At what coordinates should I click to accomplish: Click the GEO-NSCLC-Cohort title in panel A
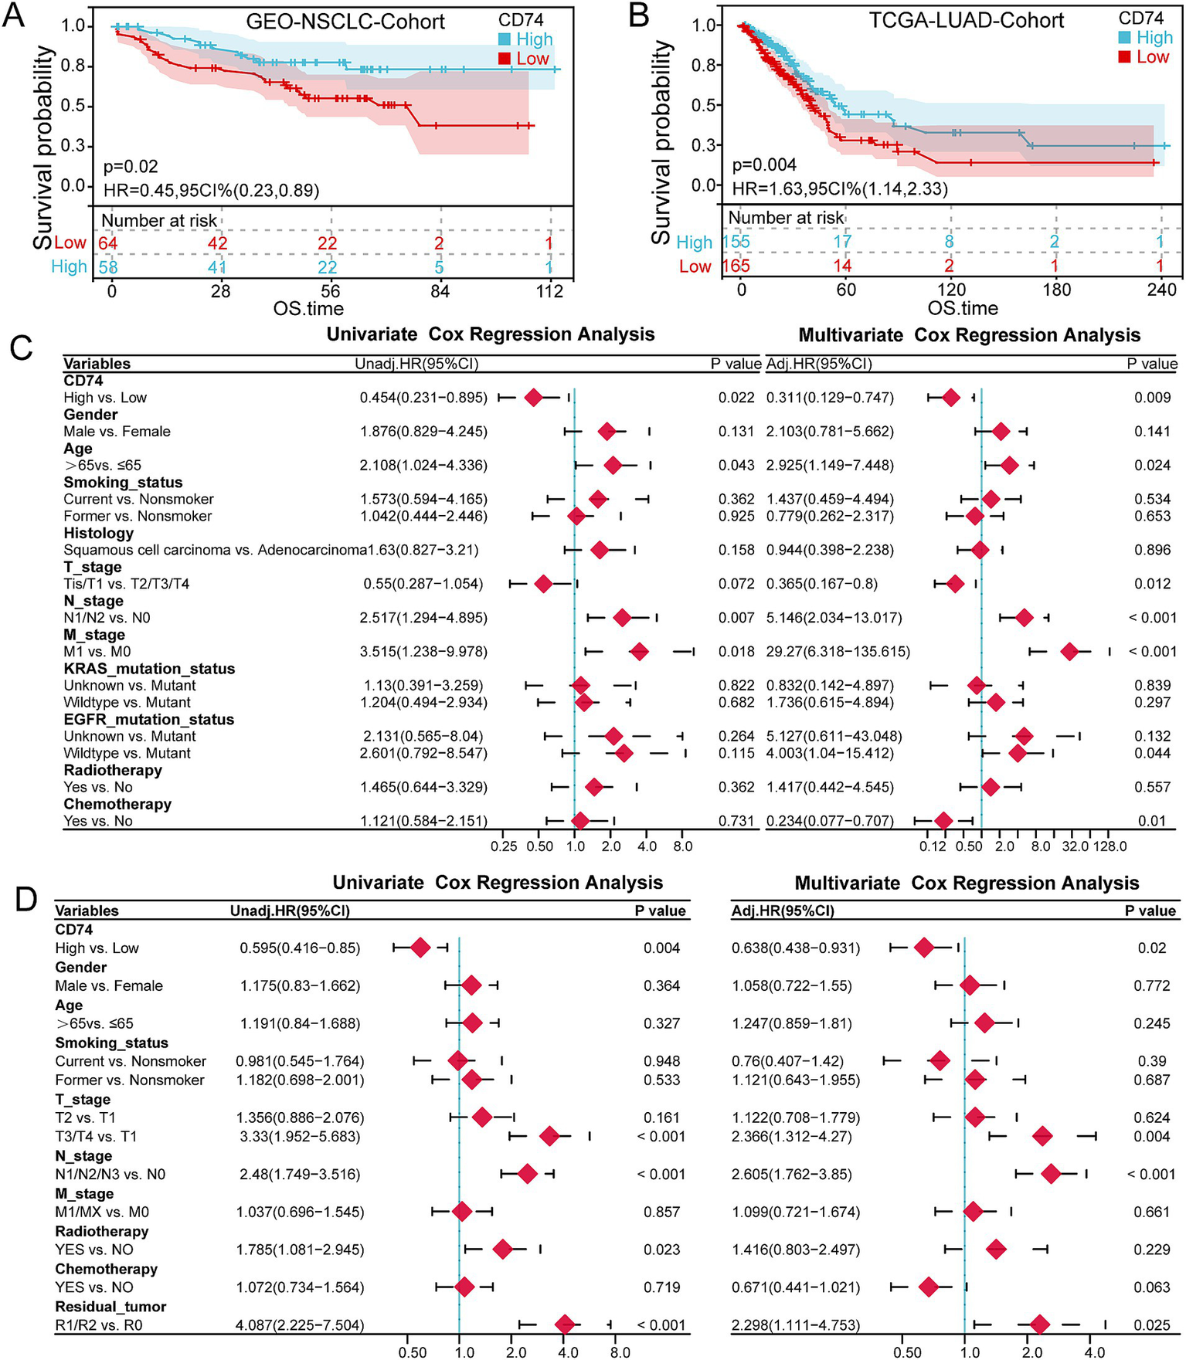(x=345, y=22)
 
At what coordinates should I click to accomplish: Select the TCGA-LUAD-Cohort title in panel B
(x=967, y=20)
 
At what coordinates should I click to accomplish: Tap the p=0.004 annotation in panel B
(x=764, y=164)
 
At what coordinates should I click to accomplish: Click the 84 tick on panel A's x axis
(x=440, y=291)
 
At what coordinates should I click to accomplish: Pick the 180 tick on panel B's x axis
(x=1056, y=290)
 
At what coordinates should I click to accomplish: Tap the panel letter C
(x=21, y=348)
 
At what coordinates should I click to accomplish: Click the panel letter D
(x=25, y=899)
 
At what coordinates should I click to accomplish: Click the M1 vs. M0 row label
(x=97, y=652)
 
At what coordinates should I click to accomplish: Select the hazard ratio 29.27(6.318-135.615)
(x=838, y=652)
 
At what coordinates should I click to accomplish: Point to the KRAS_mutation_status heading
(x=148, y=669)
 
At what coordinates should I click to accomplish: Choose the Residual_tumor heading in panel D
(x=110, y=1307)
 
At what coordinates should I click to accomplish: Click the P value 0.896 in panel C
(x=1152, y=550)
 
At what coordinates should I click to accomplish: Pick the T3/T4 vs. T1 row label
(x=96, y=1136)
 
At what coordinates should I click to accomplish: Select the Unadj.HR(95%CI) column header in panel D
(x=290, y=911)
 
